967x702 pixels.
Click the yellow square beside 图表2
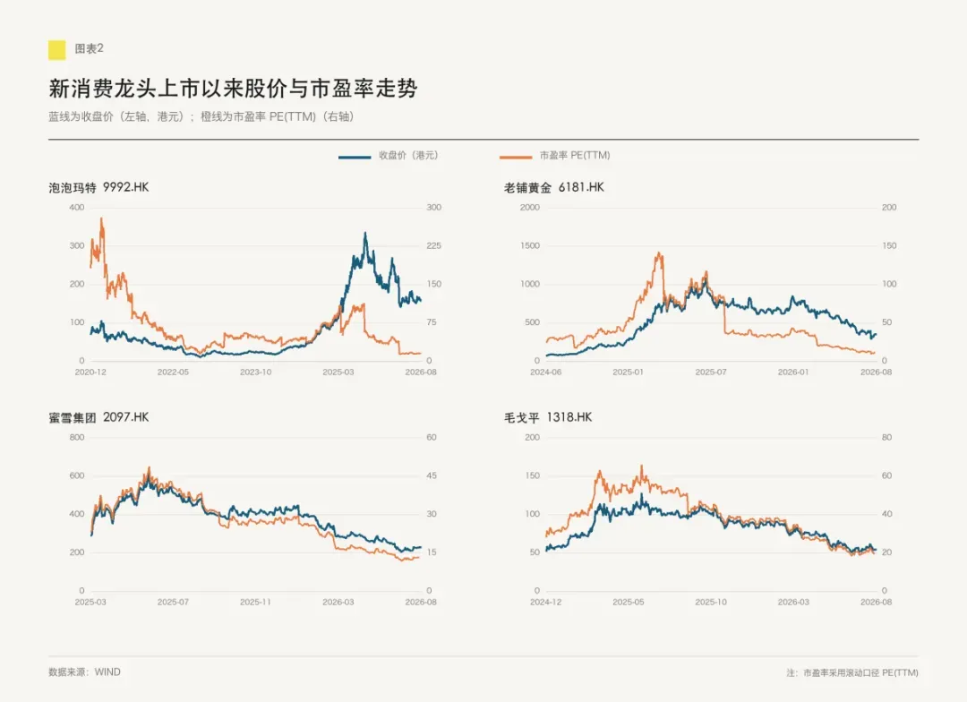pos(56,50)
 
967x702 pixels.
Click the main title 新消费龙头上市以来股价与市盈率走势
pos(233,89)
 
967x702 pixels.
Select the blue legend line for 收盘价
pos(354,157)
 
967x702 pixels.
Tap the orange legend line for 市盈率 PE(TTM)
pos(516,157)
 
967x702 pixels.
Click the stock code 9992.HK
pos(126,187)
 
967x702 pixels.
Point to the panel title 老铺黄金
pos(527,187)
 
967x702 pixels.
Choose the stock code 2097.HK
pos(126,417)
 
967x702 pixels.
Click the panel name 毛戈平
pos(522,417)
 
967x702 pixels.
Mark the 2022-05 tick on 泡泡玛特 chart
pos(173,372)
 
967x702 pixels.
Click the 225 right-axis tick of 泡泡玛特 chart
pos(433,245)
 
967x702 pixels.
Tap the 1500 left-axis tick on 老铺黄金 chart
pos(530,245)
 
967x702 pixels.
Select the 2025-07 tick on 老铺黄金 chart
pos(710,372)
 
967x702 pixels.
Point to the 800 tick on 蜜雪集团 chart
pos(77,437)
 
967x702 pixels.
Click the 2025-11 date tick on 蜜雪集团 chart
pos(255,602)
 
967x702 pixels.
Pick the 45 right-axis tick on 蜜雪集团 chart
pos(431,475)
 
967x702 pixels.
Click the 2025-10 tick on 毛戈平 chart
pos(710,602)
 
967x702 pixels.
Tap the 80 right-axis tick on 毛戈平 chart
pos(886,437)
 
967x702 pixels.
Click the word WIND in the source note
pos(107,672)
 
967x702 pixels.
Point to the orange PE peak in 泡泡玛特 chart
pos(101,218)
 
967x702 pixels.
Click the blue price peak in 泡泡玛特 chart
pos(365,233)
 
